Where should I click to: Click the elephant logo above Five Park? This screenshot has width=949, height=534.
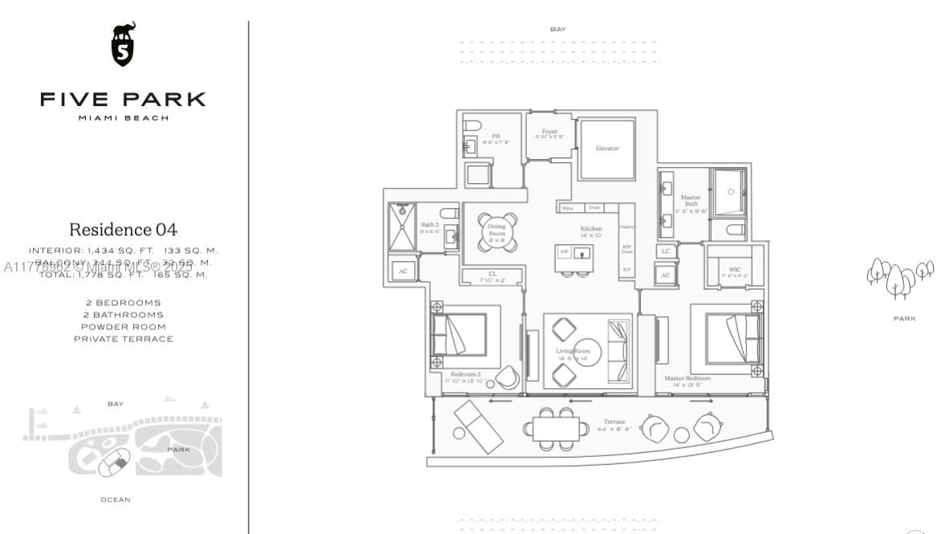(123, 43)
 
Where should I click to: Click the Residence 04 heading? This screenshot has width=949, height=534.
(123, 230)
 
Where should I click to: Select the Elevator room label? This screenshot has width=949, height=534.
(607, 149)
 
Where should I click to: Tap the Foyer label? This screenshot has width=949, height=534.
(550, 132)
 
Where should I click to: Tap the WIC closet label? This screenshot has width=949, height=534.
(734, 270)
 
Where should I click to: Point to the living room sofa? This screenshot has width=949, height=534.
(618, 350)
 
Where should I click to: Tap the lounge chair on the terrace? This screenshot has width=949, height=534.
(477, 425)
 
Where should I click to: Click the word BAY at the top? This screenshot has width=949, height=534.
(558, 30)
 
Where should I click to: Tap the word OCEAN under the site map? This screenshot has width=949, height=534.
(115, 499)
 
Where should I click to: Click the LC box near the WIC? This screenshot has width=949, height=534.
(665, 251)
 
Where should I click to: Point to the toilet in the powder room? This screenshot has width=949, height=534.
(472, 125)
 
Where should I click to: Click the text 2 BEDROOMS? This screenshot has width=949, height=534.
(123, 303)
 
